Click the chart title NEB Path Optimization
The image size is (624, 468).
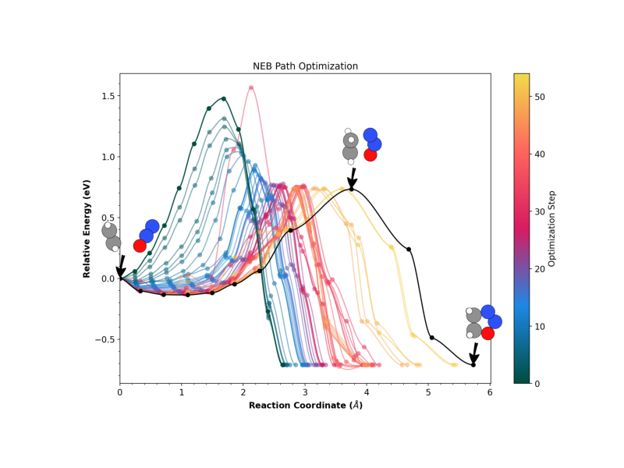tap(305, 66)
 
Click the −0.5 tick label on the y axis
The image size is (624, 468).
tap(104, 339)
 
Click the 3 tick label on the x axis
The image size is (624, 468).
tap(305, 392)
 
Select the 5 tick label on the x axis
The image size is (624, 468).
tap(428, 392)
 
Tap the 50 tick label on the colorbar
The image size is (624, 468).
tap(542, 97)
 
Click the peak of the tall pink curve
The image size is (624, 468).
tap(251, 87)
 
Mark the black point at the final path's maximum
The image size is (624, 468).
tap(352, 189)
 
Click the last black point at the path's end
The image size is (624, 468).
tap(473, 365)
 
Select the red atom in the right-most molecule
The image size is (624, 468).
tap(487, 333)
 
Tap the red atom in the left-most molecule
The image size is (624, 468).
tap(140, 246)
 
